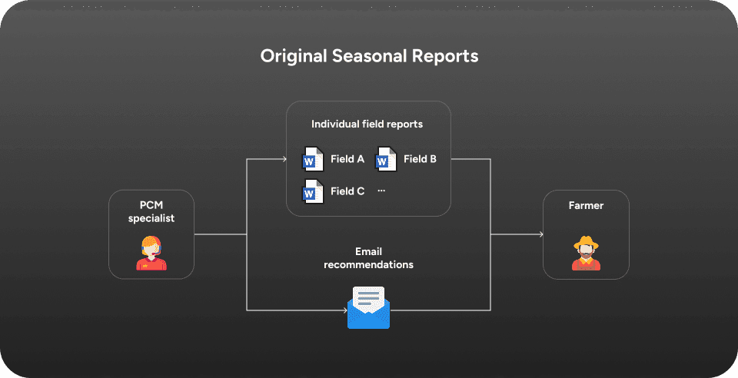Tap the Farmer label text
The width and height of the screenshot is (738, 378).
(x=586, y=207)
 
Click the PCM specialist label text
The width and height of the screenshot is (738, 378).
(x=151, y=212)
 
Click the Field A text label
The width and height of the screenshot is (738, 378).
(x=347, y=160)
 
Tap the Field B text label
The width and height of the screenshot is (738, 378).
(x=420, y=160)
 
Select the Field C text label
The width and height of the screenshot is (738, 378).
(x=347, y=191)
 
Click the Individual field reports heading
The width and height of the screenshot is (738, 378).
(x=367, y=124)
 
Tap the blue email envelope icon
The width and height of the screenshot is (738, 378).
(x=368, y=307)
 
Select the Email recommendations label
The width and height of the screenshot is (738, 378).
(x=368, y=258)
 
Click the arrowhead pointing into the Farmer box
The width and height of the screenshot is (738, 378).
(x=540, y=234)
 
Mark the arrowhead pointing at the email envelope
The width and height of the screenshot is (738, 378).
(x=344, y=310)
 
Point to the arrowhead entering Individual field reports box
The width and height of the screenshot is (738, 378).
(x=283, y=160)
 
